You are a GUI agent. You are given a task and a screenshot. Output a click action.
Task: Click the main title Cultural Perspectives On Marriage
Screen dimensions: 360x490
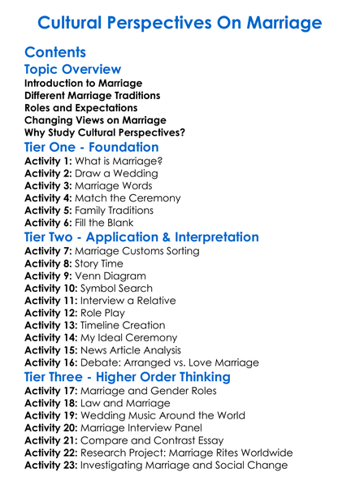(180, 22)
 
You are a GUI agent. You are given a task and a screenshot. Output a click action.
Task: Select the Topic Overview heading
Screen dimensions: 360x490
(72, 70)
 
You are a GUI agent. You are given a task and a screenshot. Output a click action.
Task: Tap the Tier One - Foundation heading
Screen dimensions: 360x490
(91, 147)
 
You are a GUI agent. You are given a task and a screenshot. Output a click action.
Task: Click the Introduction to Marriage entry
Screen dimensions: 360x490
(83, 84)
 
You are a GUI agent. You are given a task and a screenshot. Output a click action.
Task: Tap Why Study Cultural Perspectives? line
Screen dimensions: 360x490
(105, 132)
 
